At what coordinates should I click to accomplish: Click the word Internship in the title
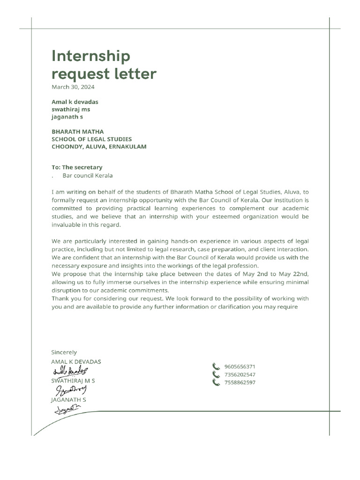pyautogui.click(x=90, y=56)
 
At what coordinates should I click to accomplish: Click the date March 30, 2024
pyautogui.click(x=73, y=87)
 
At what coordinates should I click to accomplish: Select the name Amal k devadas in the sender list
pyautogui.click(x=75, y=102)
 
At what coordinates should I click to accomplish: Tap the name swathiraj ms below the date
pyautogui.click(x=70, y=109)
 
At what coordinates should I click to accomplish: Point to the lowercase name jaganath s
pyautogui.click(x=67, y=117)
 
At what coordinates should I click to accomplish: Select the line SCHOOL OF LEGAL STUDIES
pyautogui.click(x=91, y=139)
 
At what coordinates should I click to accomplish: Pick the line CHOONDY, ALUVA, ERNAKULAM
pyautogui.click(x=98, y=147)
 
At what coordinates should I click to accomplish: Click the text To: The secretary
pyautogui.click(x=76, y=167)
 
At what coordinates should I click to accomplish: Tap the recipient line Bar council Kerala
pyautogui.click(x=88, y=176)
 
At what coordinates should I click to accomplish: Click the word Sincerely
pyautogui.click(x=64, y=352)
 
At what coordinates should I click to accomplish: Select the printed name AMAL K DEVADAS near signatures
pyautogui.click(x=76, y=362)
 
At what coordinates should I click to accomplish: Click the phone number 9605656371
pyautogui.click(x=240, y=367)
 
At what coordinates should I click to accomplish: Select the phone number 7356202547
pyautogui.click(x=240, y=375)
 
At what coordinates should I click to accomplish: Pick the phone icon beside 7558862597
pyautogui.click(x=216, y=382)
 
